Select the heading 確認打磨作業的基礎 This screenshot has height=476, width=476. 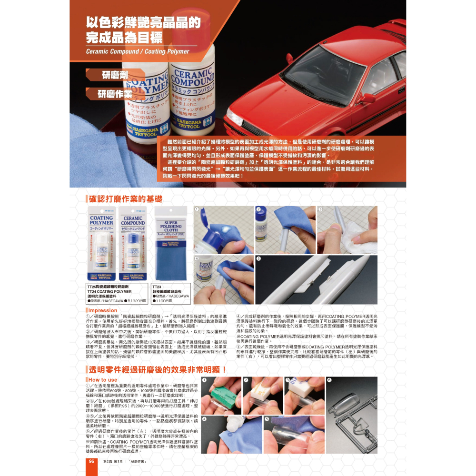pos(125,199)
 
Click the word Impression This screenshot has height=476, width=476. pos(103,310)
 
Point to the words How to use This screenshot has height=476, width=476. pos(102,380)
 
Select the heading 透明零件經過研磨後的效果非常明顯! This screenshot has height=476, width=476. pos(158,369)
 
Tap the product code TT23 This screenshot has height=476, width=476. pos(158,287)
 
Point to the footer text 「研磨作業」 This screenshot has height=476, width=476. pos(137,462)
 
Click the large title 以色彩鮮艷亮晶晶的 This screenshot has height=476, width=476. pos(143,22)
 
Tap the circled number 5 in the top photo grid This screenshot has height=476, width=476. pos(258,258)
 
